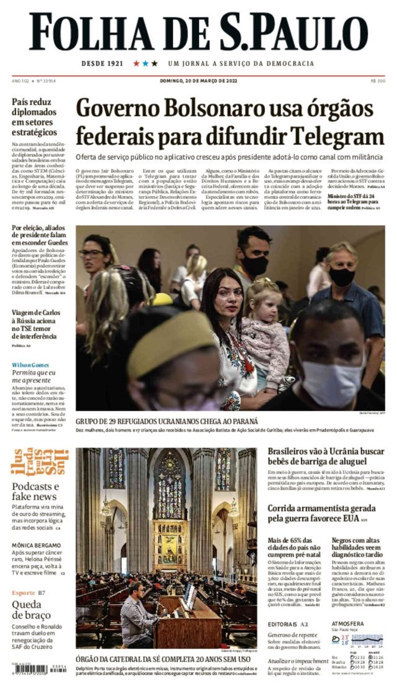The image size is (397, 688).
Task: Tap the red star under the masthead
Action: [x=136, y=63]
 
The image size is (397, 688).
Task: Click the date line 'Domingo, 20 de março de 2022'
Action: [x=198, y=81]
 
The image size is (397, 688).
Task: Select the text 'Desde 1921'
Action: [x=102, y=63]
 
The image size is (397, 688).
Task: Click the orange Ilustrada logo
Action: [x=40, y=462]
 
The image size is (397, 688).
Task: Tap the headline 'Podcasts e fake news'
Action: [x=35, y=491]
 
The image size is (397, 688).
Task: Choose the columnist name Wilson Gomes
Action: [x=30, y=365]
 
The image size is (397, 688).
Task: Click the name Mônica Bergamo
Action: [x=36, y=545]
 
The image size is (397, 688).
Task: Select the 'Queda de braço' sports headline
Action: [x=31, y=610]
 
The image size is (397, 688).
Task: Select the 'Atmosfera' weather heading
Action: [x=347, y=624]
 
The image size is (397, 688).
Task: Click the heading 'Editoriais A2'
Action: [x=288, y=624]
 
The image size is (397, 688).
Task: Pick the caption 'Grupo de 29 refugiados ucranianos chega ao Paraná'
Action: [x=167, y=421]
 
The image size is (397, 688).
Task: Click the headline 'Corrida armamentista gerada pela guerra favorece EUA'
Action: [x=321, y=513]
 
